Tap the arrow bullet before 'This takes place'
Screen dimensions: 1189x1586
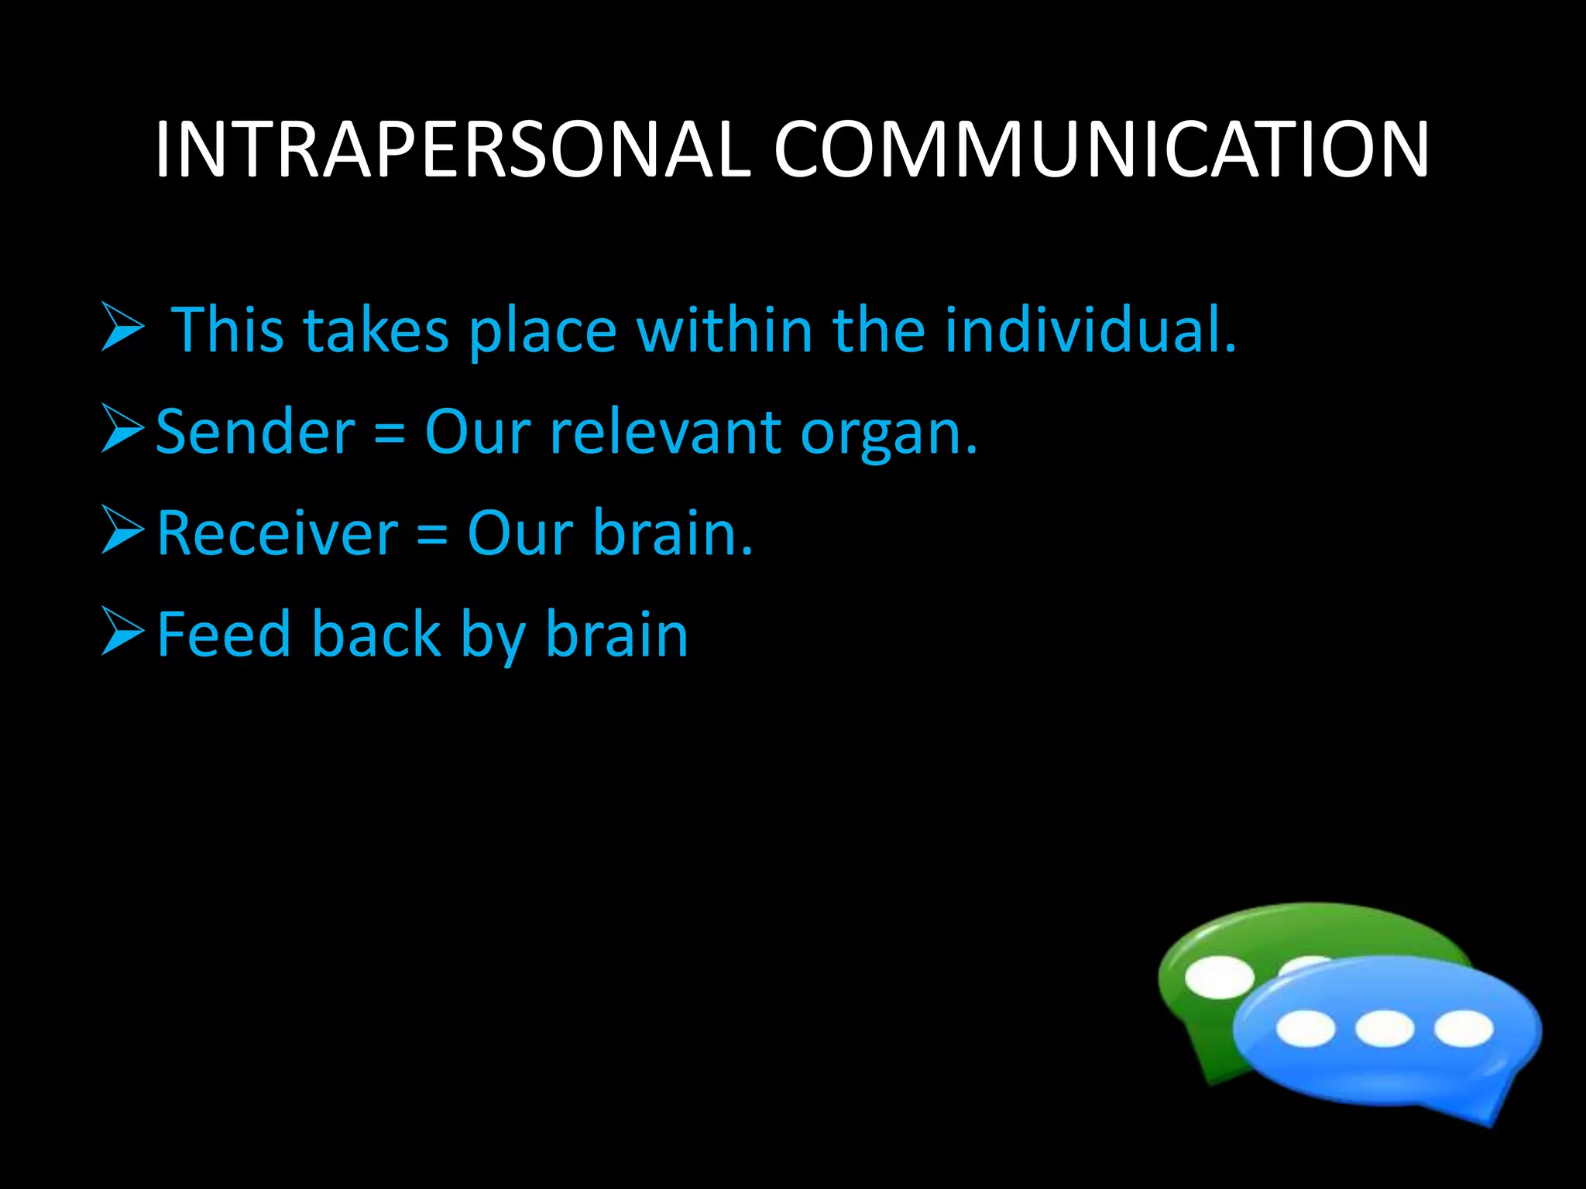(x=122, y=327)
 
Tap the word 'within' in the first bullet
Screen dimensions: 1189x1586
(x=724, y=330)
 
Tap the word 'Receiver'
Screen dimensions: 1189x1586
(x=277, y=533)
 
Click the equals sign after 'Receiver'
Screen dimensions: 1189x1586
(x=432, y=535)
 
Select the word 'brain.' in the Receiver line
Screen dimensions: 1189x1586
(x=672, y=533)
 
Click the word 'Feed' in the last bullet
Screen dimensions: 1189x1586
(x=225, y=635)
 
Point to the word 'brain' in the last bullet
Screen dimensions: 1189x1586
(x=616, y=635)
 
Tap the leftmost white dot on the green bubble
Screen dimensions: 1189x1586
(x=1219, y=978)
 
